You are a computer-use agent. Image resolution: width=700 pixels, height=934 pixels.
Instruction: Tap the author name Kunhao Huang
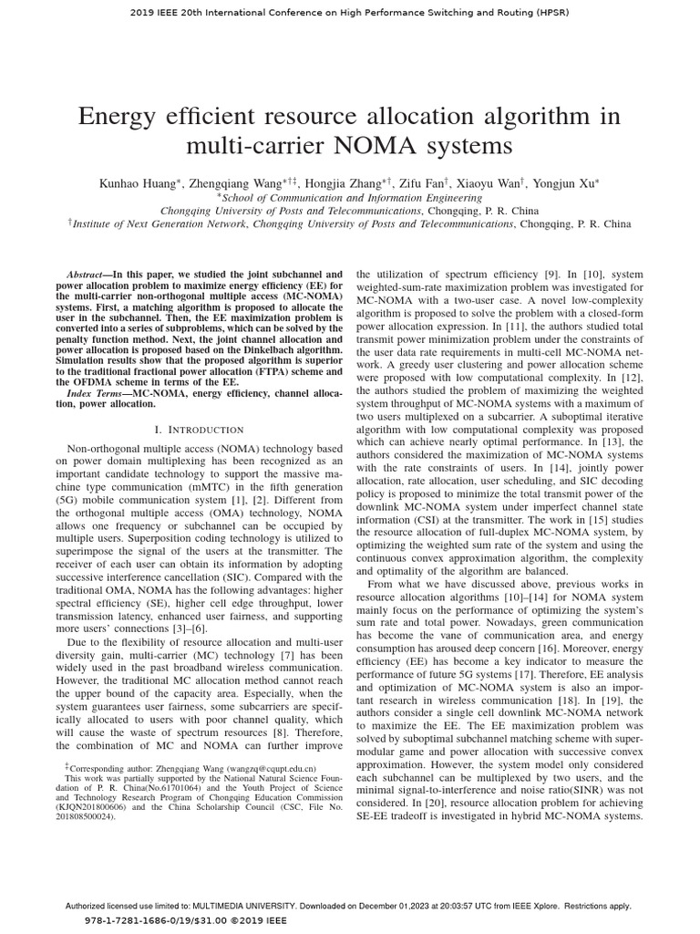coord(139,183)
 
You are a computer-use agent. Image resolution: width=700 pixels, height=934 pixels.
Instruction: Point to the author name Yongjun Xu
coord(571,183)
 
